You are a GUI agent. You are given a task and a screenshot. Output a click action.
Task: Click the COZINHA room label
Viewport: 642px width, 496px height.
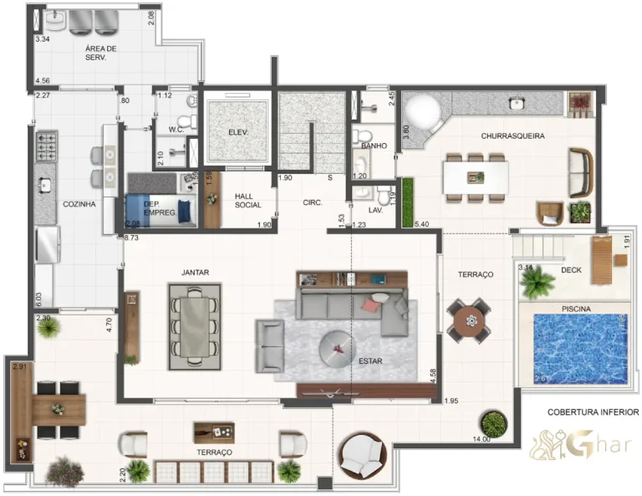click(79, 203)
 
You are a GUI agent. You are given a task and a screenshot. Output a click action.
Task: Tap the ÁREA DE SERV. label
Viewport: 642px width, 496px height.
click(100, 54)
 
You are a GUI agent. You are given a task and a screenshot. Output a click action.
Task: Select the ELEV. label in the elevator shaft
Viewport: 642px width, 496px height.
click(237, 133)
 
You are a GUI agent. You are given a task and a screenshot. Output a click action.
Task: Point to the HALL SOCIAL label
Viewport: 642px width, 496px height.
click(247, 200)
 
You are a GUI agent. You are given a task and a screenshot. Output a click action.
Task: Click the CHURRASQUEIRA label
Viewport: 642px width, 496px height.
click(512, 135)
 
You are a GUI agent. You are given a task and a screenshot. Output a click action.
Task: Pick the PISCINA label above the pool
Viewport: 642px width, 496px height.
click(576, 309)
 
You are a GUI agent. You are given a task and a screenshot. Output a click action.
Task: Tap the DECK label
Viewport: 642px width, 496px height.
click(571, 270)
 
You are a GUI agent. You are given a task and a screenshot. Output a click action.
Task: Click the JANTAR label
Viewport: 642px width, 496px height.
click(195, 272)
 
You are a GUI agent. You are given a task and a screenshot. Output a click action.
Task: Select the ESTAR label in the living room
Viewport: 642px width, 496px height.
click(370, 361)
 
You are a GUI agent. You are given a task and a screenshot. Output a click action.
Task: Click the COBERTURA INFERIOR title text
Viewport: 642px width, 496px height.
click(593, 412)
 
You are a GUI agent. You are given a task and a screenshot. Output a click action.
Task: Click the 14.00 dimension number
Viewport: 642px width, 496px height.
click(482, 439)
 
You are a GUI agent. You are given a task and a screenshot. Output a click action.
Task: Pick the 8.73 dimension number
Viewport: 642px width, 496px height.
click(131, 238)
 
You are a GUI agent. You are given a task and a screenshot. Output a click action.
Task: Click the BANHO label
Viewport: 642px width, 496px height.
click(374, 146)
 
